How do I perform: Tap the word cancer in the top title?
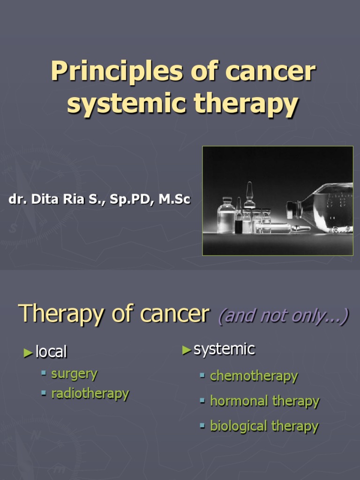click(270, 71)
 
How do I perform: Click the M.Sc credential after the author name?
click(174, 200)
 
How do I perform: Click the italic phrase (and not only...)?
click(283, 316)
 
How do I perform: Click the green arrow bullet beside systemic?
click(187, 350)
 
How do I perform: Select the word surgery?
click(74, 374)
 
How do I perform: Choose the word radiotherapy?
click(90, 393)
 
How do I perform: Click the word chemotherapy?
click(254, 376)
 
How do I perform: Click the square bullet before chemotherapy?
click(202, 375)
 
